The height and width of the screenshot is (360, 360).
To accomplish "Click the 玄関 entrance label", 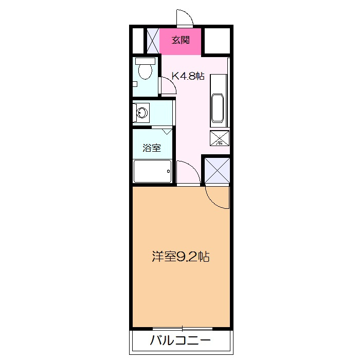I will point(181,40).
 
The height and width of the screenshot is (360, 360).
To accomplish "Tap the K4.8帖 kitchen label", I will point(188,76).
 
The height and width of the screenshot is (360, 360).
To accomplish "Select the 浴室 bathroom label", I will point(152,148).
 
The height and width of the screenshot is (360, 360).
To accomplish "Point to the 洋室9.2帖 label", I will point(180,257).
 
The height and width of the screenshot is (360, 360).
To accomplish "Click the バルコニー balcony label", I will point(180,340).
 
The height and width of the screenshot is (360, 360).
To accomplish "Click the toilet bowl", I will point(146,71).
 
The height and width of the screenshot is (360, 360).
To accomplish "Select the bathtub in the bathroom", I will point(152,171).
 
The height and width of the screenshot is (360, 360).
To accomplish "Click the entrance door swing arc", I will point(185,18).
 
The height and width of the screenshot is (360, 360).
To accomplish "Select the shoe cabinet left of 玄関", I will point(152,41).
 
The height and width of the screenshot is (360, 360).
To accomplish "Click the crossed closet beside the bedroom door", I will point(216,170).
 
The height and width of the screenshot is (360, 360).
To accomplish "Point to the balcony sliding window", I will point(183,329).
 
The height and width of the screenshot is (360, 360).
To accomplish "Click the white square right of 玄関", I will point(218,40).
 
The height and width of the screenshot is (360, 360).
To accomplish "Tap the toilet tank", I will point(145,60).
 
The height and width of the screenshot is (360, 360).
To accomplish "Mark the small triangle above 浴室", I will point(166,132).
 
